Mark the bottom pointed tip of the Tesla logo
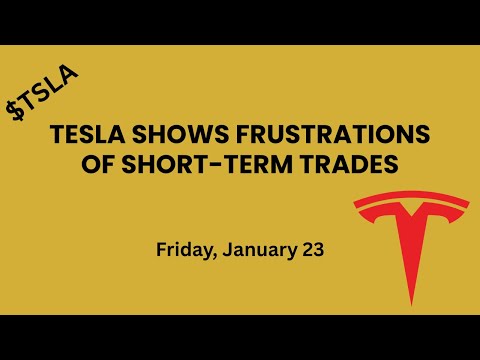click(x=410, y=303)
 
